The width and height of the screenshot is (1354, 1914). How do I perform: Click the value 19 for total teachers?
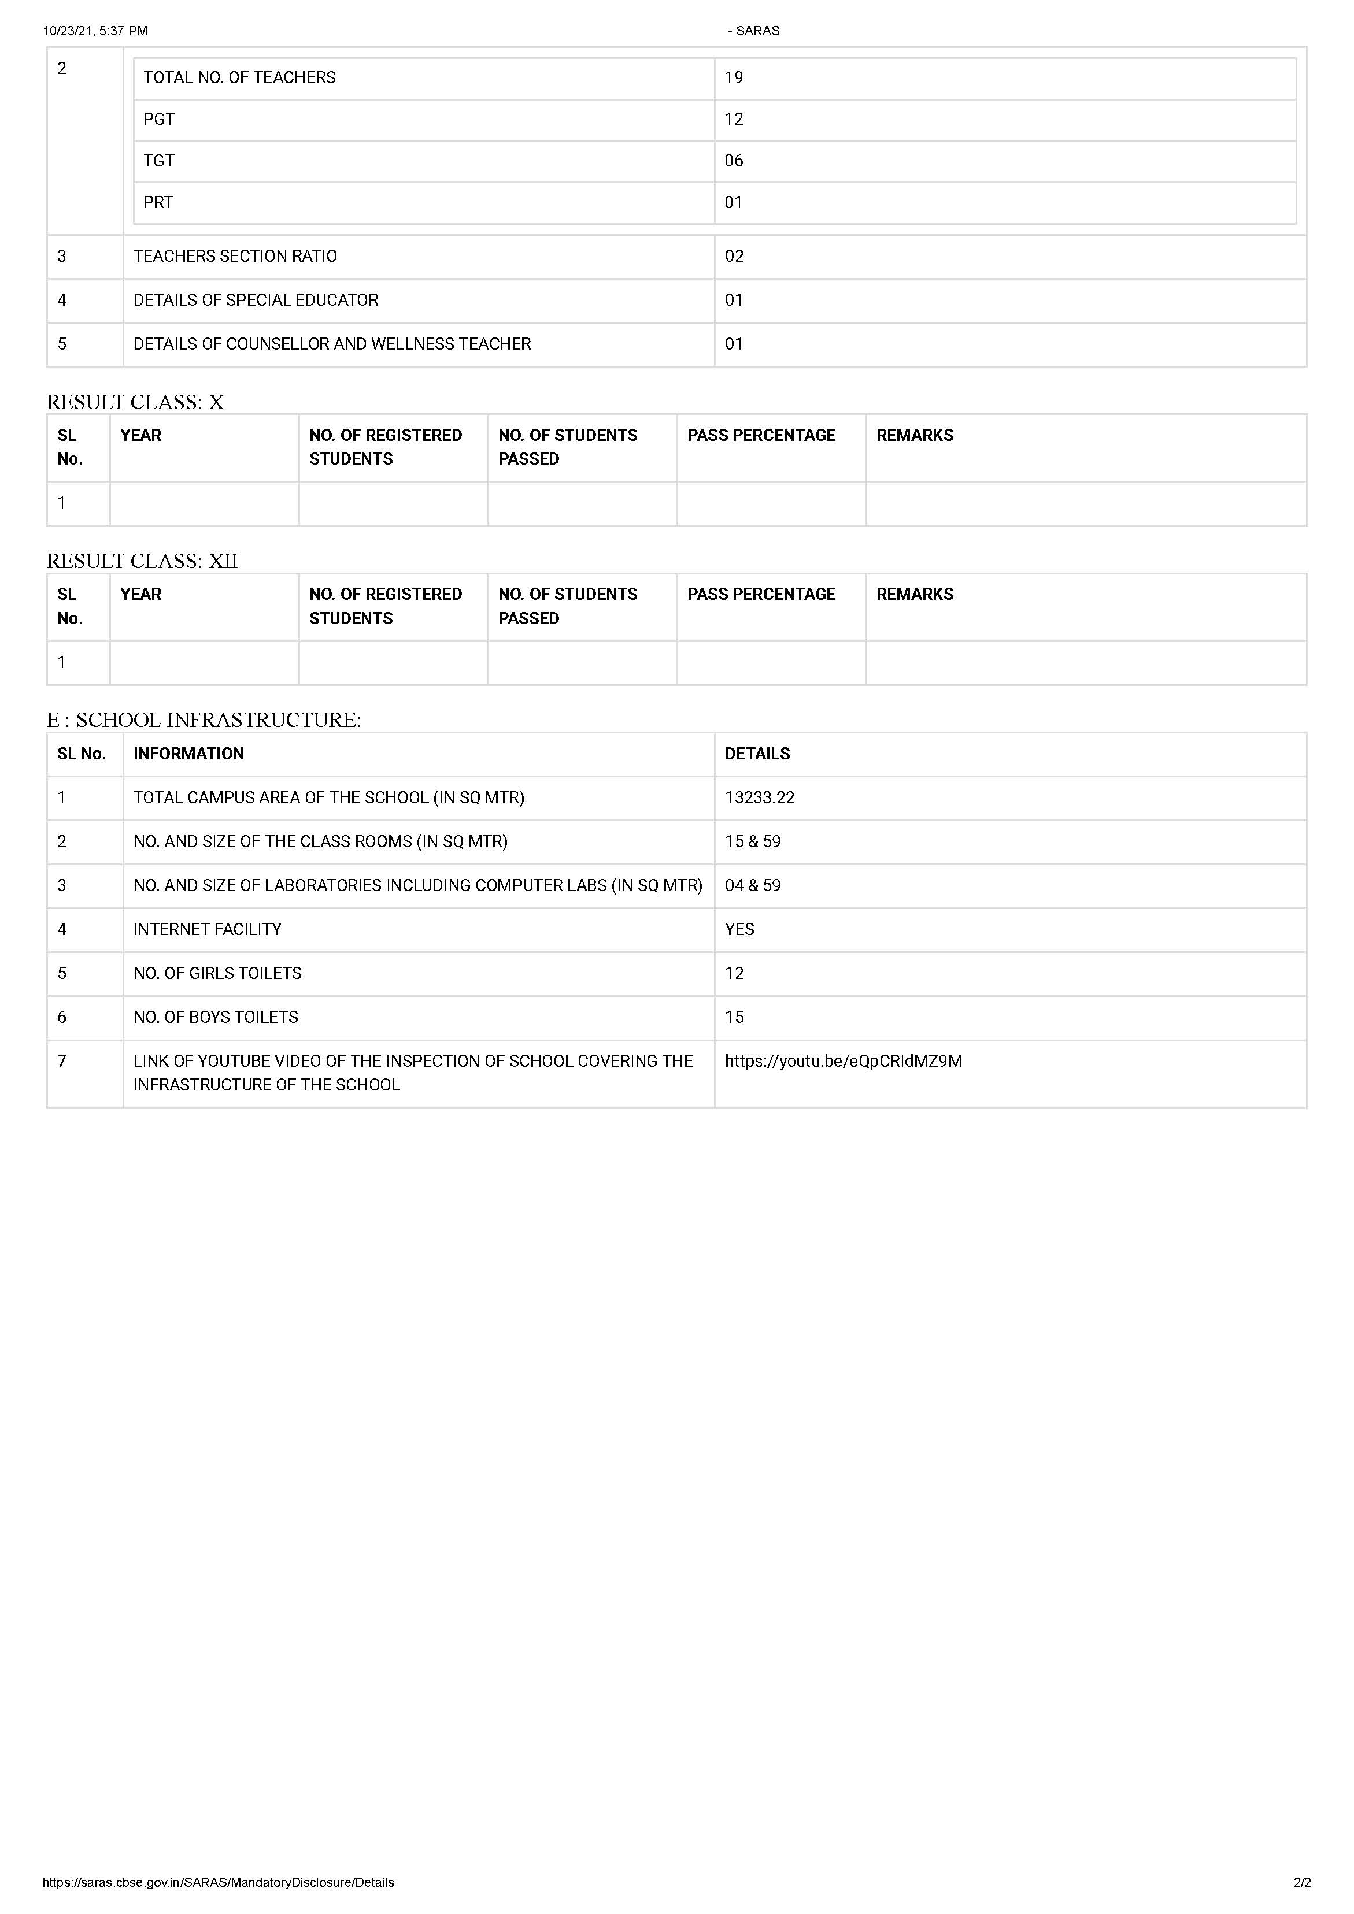pyautogui.click(x=734, y=77)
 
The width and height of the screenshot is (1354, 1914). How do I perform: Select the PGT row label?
pyautogui.click(x=159, y=119)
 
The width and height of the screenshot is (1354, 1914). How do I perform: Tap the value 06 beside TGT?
pyautogui.click(x=734, y=161)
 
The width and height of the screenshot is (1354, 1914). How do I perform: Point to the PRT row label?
pyautogui.click(x=158, y=203)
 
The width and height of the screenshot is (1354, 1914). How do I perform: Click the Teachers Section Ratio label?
pyautogui.click(x=235, y=256)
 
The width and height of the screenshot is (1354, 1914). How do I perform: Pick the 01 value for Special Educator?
pyautogui.click(x=734, y=300)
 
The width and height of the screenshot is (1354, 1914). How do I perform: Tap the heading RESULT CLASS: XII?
pyautogui.click(x=142, y=561)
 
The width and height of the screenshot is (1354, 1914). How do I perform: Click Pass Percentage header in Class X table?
pyautogui.click(x=761, y=435)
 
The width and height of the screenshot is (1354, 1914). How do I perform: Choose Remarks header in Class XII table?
pyautogui.click(x=915, y=595)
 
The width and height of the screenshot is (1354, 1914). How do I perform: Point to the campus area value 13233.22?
pyautogui.click(x=760, y=797)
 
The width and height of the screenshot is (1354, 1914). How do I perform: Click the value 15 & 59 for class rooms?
pyautogui.click(x=753, y=842)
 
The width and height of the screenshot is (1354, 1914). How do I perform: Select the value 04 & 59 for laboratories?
pyautogui.click(x=753, y=885)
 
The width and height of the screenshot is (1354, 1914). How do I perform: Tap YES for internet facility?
pyautogui.click(x=739, y=929)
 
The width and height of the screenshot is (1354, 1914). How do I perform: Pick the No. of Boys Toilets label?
pyautogui.click(x=216, y=1017)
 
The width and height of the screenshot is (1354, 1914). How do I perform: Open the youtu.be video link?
pyautogui.click(x=843, y=1061)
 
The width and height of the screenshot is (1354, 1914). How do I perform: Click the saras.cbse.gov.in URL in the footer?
pyautogui.click(x=219, y=1882)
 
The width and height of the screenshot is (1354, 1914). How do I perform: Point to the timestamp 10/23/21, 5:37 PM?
pyautogui.click(x=95, y=31)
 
